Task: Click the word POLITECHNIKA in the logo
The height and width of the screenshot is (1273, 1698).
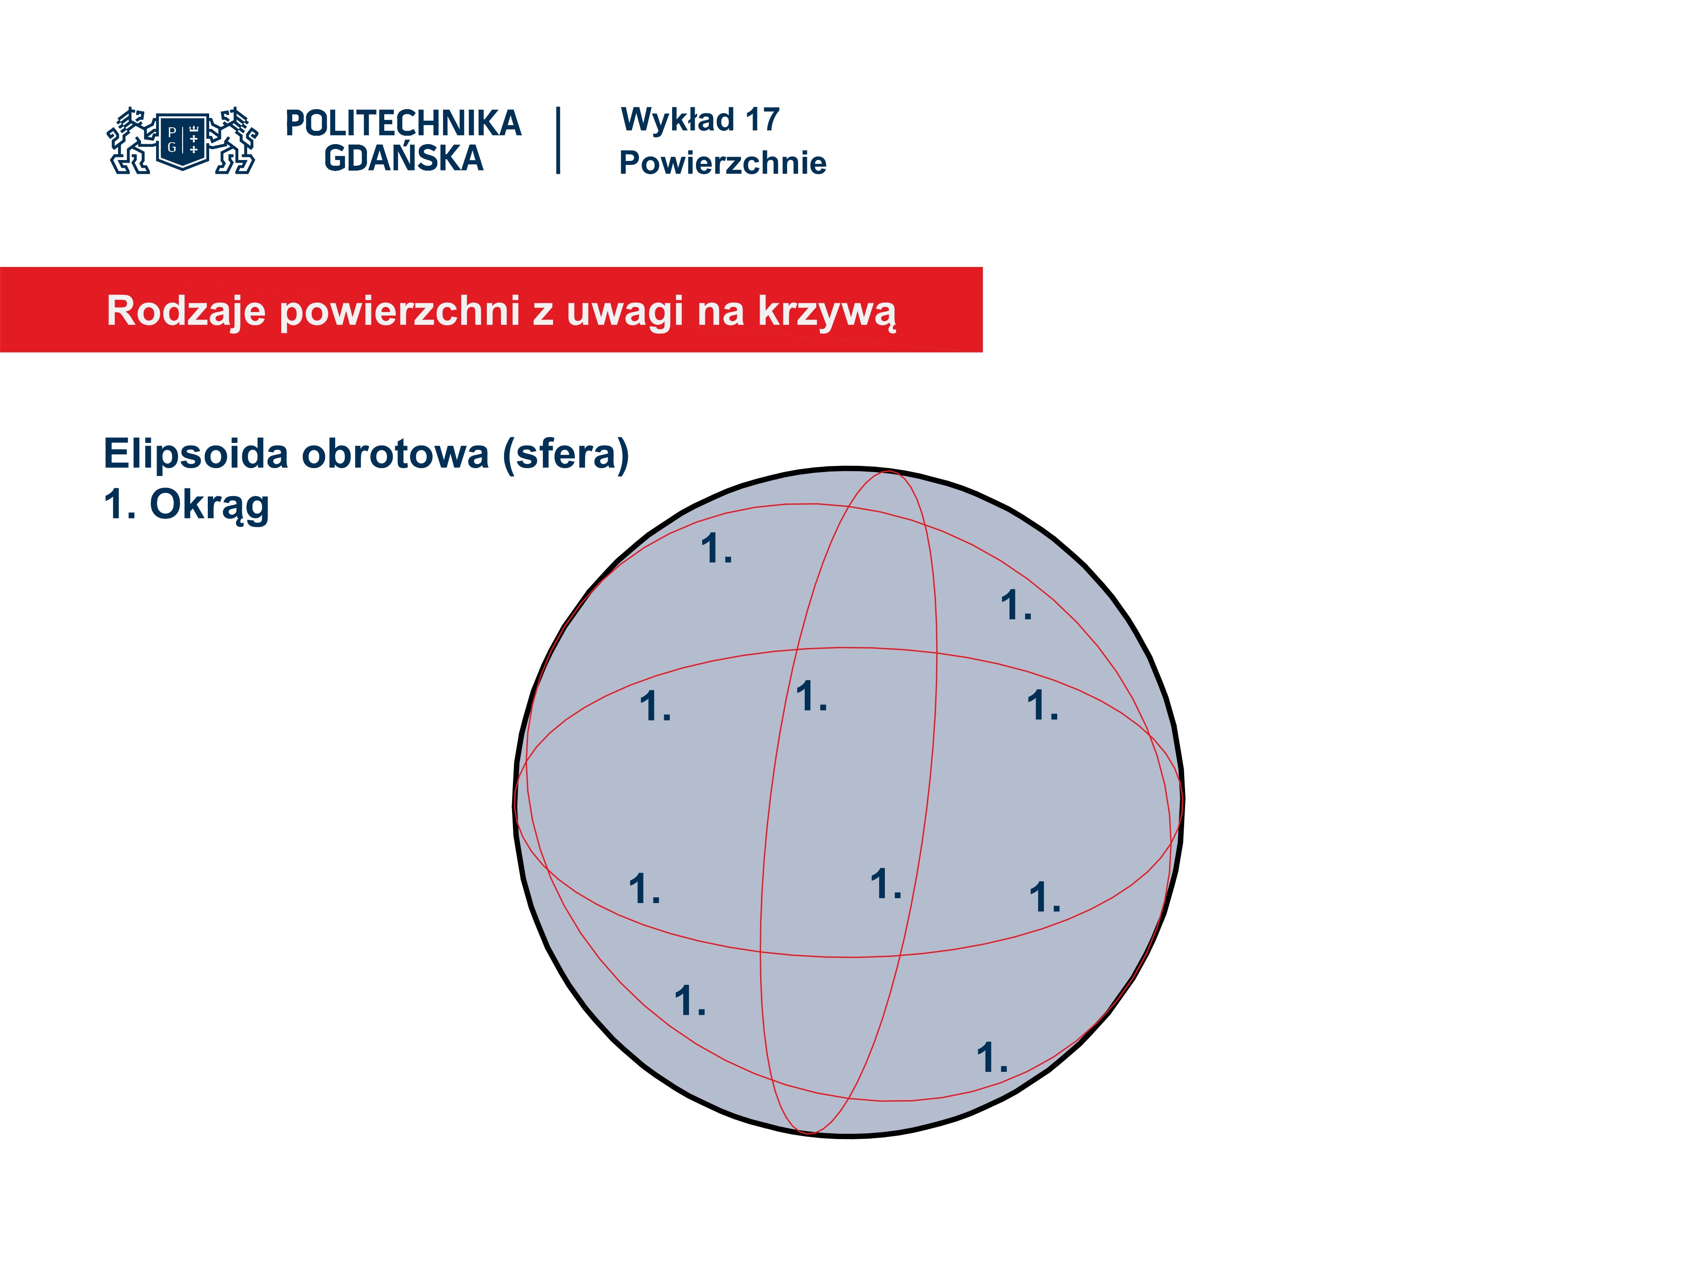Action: pyautogui.click(x=403, y=123)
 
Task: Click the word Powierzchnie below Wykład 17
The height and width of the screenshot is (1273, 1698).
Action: pyautogui.click(x=723, y=163)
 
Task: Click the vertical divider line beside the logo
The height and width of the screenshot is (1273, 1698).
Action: pyautogui.click(x=558, y=141)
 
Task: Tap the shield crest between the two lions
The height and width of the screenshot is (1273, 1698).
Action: pyautogui.click(x=183, y=141)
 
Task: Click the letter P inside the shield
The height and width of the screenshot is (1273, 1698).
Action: pyautogui.click(x=172, y=132)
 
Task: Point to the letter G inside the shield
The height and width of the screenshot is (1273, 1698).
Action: pyautogui.click(x=172, y=147)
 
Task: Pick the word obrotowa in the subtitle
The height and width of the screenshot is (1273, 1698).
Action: pyautogui.click(x=395, y=454)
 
